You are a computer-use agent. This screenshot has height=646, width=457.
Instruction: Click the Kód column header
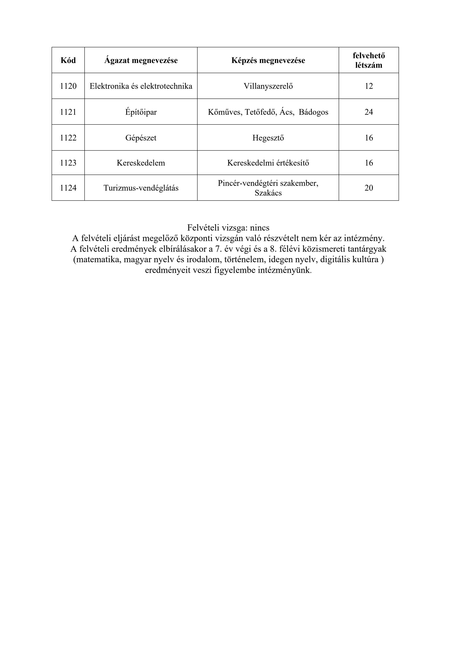[x=68, y=60]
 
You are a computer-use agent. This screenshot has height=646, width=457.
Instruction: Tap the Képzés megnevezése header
[x=268, y=60]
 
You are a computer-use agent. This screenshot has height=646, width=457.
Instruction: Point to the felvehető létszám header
[x=369, y=60]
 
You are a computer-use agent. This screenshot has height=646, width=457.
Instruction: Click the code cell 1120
[x=68, y=86]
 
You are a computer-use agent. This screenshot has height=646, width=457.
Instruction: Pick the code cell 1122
[x=68, y=138]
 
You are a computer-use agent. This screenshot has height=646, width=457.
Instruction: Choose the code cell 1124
[x=68, y=188]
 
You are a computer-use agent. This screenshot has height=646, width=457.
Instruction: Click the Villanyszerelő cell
[x=268, y=86]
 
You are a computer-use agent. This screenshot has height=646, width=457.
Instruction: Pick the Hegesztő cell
[x=268, y=138]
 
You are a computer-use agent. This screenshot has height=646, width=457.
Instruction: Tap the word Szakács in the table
[x=268, y=193]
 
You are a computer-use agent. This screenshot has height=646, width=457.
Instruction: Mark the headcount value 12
[x=369, y=86]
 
